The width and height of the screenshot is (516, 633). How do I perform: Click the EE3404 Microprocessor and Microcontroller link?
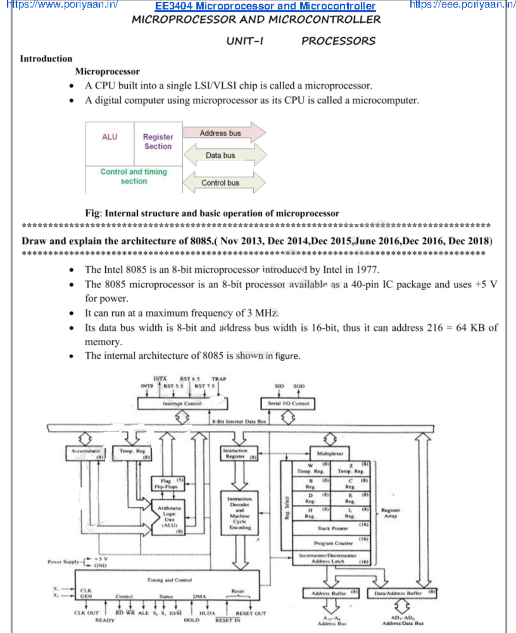pos(265,6)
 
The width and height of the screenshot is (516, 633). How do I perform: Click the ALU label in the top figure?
pos(110,137)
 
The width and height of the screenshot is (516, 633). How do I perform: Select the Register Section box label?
pos(158,141)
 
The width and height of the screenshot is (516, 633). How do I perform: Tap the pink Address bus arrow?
pos(224,133)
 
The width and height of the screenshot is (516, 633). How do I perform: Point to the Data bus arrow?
pos(224,155)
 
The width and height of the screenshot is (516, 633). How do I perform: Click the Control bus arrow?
pos(224,183)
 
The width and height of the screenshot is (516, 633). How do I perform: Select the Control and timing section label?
pos(133,176)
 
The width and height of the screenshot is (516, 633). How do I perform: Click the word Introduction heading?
pos(46,58)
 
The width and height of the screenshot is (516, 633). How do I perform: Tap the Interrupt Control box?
pos(182,404)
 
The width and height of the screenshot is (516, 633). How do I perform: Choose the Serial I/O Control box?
pos(288,404)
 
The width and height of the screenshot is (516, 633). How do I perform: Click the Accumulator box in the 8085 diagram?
pos(86,453)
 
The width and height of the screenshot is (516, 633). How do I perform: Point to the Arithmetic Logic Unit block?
pos(169,516)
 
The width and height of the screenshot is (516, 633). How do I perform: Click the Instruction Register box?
pos(239,454)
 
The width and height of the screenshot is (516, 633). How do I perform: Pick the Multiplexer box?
pos(330,453)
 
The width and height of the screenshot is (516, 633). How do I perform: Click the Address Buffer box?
pos(331,593)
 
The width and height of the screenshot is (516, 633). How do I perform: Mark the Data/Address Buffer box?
pos(402,593)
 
